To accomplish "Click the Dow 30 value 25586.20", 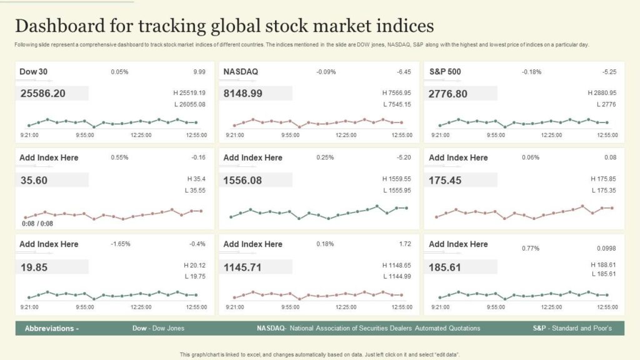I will pyautogui.click(x=43, y=94).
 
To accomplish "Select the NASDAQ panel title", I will pyautogui.click(x=241, y=71).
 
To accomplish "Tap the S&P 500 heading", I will pyautogui.click(x=445, y=71).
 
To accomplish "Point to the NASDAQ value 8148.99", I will pyautogui.click(x=242, y=94).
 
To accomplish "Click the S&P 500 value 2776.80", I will pyautogui.click(x=447, y=94).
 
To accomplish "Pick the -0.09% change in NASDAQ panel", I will pyautogui.click(x=326, y=72).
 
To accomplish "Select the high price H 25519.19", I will pyautogui.click(x=189, y=92).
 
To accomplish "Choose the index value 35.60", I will pyautogui.click(x=33, y=181).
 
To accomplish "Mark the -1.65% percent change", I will pyautogui.click(x=120, y=244).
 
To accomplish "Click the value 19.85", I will pyautogui.click(x=33, y=267).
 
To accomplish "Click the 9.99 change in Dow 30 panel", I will pyautogui.click(x=199, y=72).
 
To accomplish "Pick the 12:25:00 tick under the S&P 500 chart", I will pyautogui.click(x=551, y=134).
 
